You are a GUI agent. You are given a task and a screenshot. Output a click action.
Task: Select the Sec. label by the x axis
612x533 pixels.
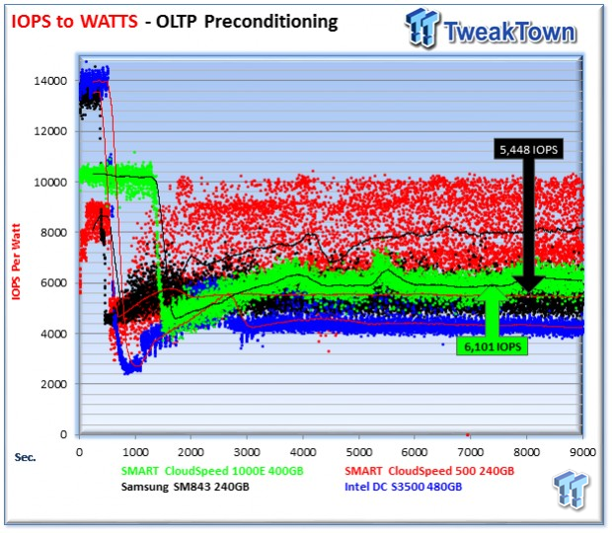point(26,456)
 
